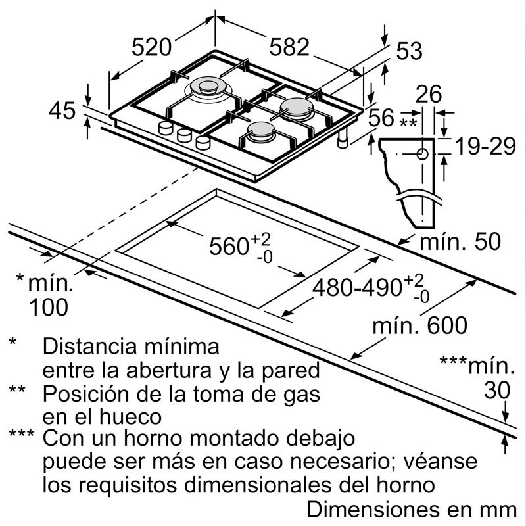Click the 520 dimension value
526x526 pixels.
tap(151, 47)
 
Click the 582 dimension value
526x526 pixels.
tap(289, 47)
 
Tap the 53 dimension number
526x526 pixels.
tap(409, 51)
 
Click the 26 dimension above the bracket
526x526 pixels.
tap(429, 95)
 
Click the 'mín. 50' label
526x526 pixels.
tap(460, 241)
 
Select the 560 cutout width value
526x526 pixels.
tap(230, 247)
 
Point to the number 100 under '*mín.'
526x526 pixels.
tap(49, 307)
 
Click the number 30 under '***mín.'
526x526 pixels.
tap(496, 391)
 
